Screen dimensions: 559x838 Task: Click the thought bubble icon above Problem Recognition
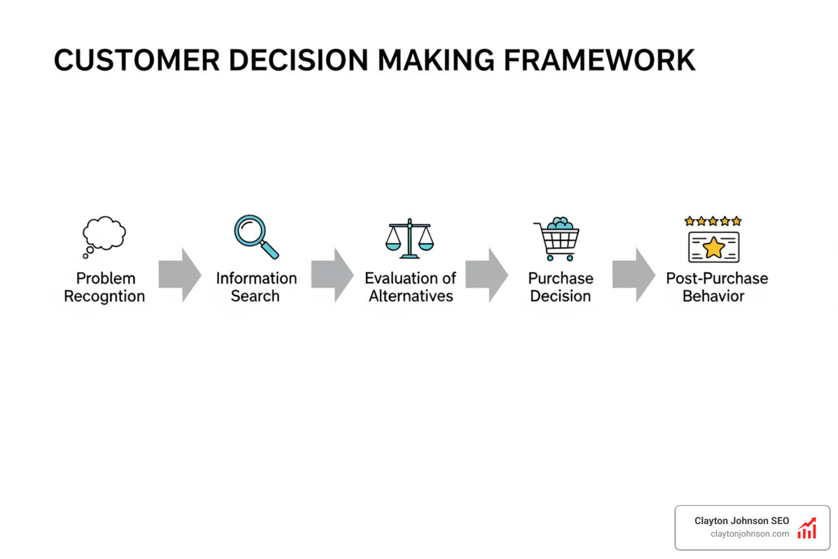104,235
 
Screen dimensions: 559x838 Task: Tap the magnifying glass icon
256,236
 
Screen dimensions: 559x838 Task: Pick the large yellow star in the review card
714,247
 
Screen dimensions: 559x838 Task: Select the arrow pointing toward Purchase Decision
487,275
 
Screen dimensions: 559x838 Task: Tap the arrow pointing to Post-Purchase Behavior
634,275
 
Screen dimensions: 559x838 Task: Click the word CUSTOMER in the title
136,60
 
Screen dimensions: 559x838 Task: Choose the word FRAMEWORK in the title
600,60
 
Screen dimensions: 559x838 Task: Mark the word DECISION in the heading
299,60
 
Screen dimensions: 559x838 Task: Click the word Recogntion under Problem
104,296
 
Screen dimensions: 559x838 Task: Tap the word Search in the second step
255,296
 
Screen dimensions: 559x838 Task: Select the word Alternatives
411,296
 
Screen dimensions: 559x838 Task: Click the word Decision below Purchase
560,296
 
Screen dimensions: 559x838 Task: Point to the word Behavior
713,296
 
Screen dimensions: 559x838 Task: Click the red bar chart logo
807,528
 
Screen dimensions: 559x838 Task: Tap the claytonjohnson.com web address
750,534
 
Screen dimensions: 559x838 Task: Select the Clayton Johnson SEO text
741,521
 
